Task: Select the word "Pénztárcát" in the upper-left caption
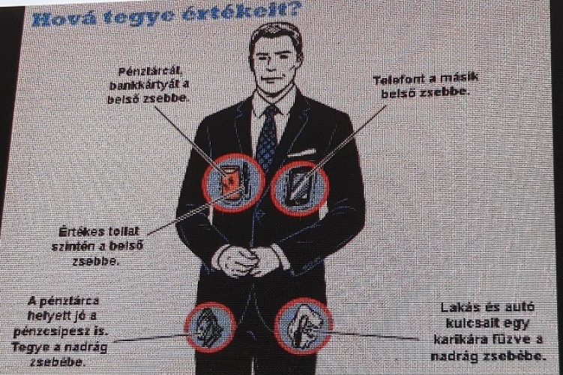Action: point(150,71)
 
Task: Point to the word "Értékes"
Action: point(81,232)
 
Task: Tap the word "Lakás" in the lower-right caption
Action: point(460,307)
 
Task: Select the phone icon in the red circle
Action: point(299,187)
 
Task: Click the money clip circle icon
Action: point(211,327)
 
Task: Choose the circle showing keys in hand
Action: point(304,325)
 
